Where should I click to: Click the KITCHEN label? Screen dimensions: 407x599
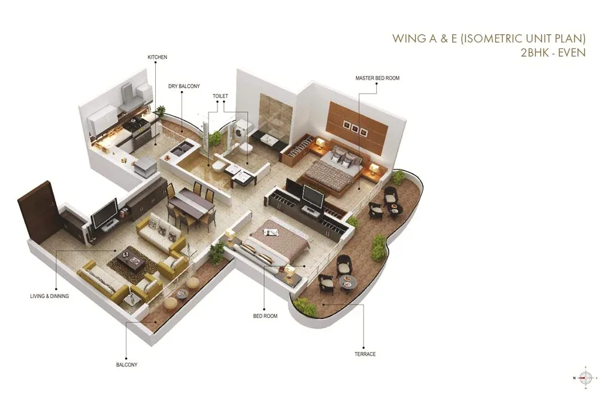[x=157, y=57]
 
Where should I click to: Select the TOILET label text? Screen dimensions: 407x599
[x=220, y=96]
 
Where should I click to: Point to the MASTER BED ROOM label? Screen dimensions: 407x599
[x=377, y=78]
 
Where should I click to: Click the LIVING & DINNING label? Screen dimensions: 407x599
[x=50, y=296]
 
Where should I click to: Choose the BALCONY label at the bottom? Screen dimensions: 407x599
[x=126, y=365]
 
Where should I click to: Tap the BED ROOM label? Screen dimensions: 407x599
[x=265, y=316]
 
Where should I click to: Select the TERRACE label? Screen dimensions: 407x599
[x=365, y=354]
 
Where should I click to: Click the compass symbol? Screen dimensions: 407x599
[x=586, y=377]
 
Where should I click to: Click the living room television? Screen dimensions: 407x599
[x=105, y=212]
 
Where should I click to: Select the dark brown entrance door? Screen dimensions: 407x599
[x=38, y=210]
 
